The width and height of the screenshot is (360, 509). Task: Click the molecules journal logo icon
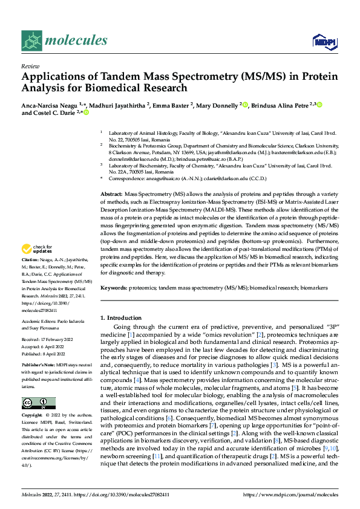(x=31, y=41)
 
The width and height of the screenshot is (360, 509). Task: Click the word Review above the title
(x=30, y=66)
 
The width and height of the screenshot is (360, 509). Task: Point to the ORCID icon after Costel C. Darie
(x=87, y=113)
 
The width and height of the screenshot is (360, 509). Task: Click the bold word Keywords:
(x=114, y=289)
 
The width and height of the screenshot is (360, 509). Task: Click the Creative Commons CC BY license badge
(x=38, y=403)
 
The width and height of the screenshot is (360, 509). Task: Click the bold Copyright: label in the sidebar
(x=33, y=417)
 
